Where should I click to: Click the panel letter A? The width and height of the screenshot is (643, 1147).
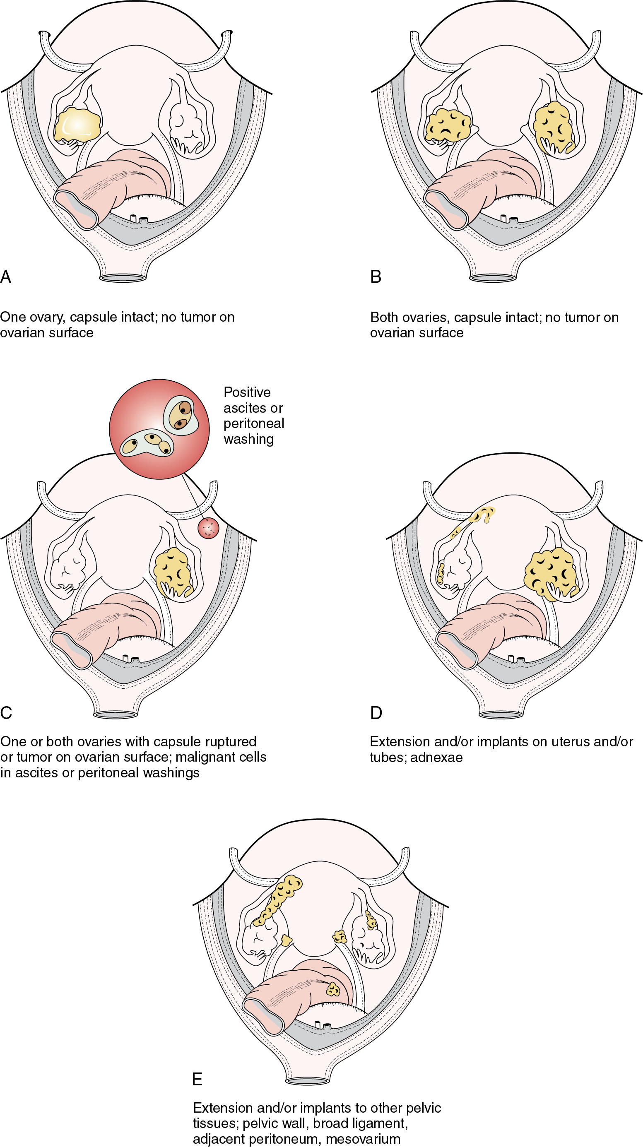click(6, 277)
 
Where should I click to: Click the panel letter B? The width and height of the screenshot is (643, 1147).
click(376, 277)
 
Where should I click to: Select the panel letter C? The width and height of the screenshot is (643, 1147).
click(6, 713)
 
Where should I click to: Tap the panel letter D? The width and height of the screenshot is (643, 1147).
click(376, 713)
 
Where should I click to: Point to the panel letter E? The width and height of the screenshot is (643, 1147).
click(197, 1079)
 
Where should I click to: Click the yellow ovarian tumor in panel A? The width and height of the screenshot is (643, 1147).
click(77, 125)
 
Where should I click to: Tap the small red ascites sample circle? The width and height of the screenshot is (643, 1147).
click(208, 528)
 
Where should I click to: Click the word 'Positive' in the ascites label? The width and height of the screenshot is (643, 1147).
click(247, 392)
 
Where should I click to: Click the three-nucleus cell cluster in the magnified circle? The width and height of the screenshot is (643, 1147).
click(147, 443)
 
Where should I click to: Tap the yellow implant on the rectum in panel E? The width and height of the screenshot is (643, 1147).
click(332, 988)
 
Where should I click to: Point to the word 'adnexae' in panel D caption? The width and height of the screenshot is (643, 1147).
click(436, 757)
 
